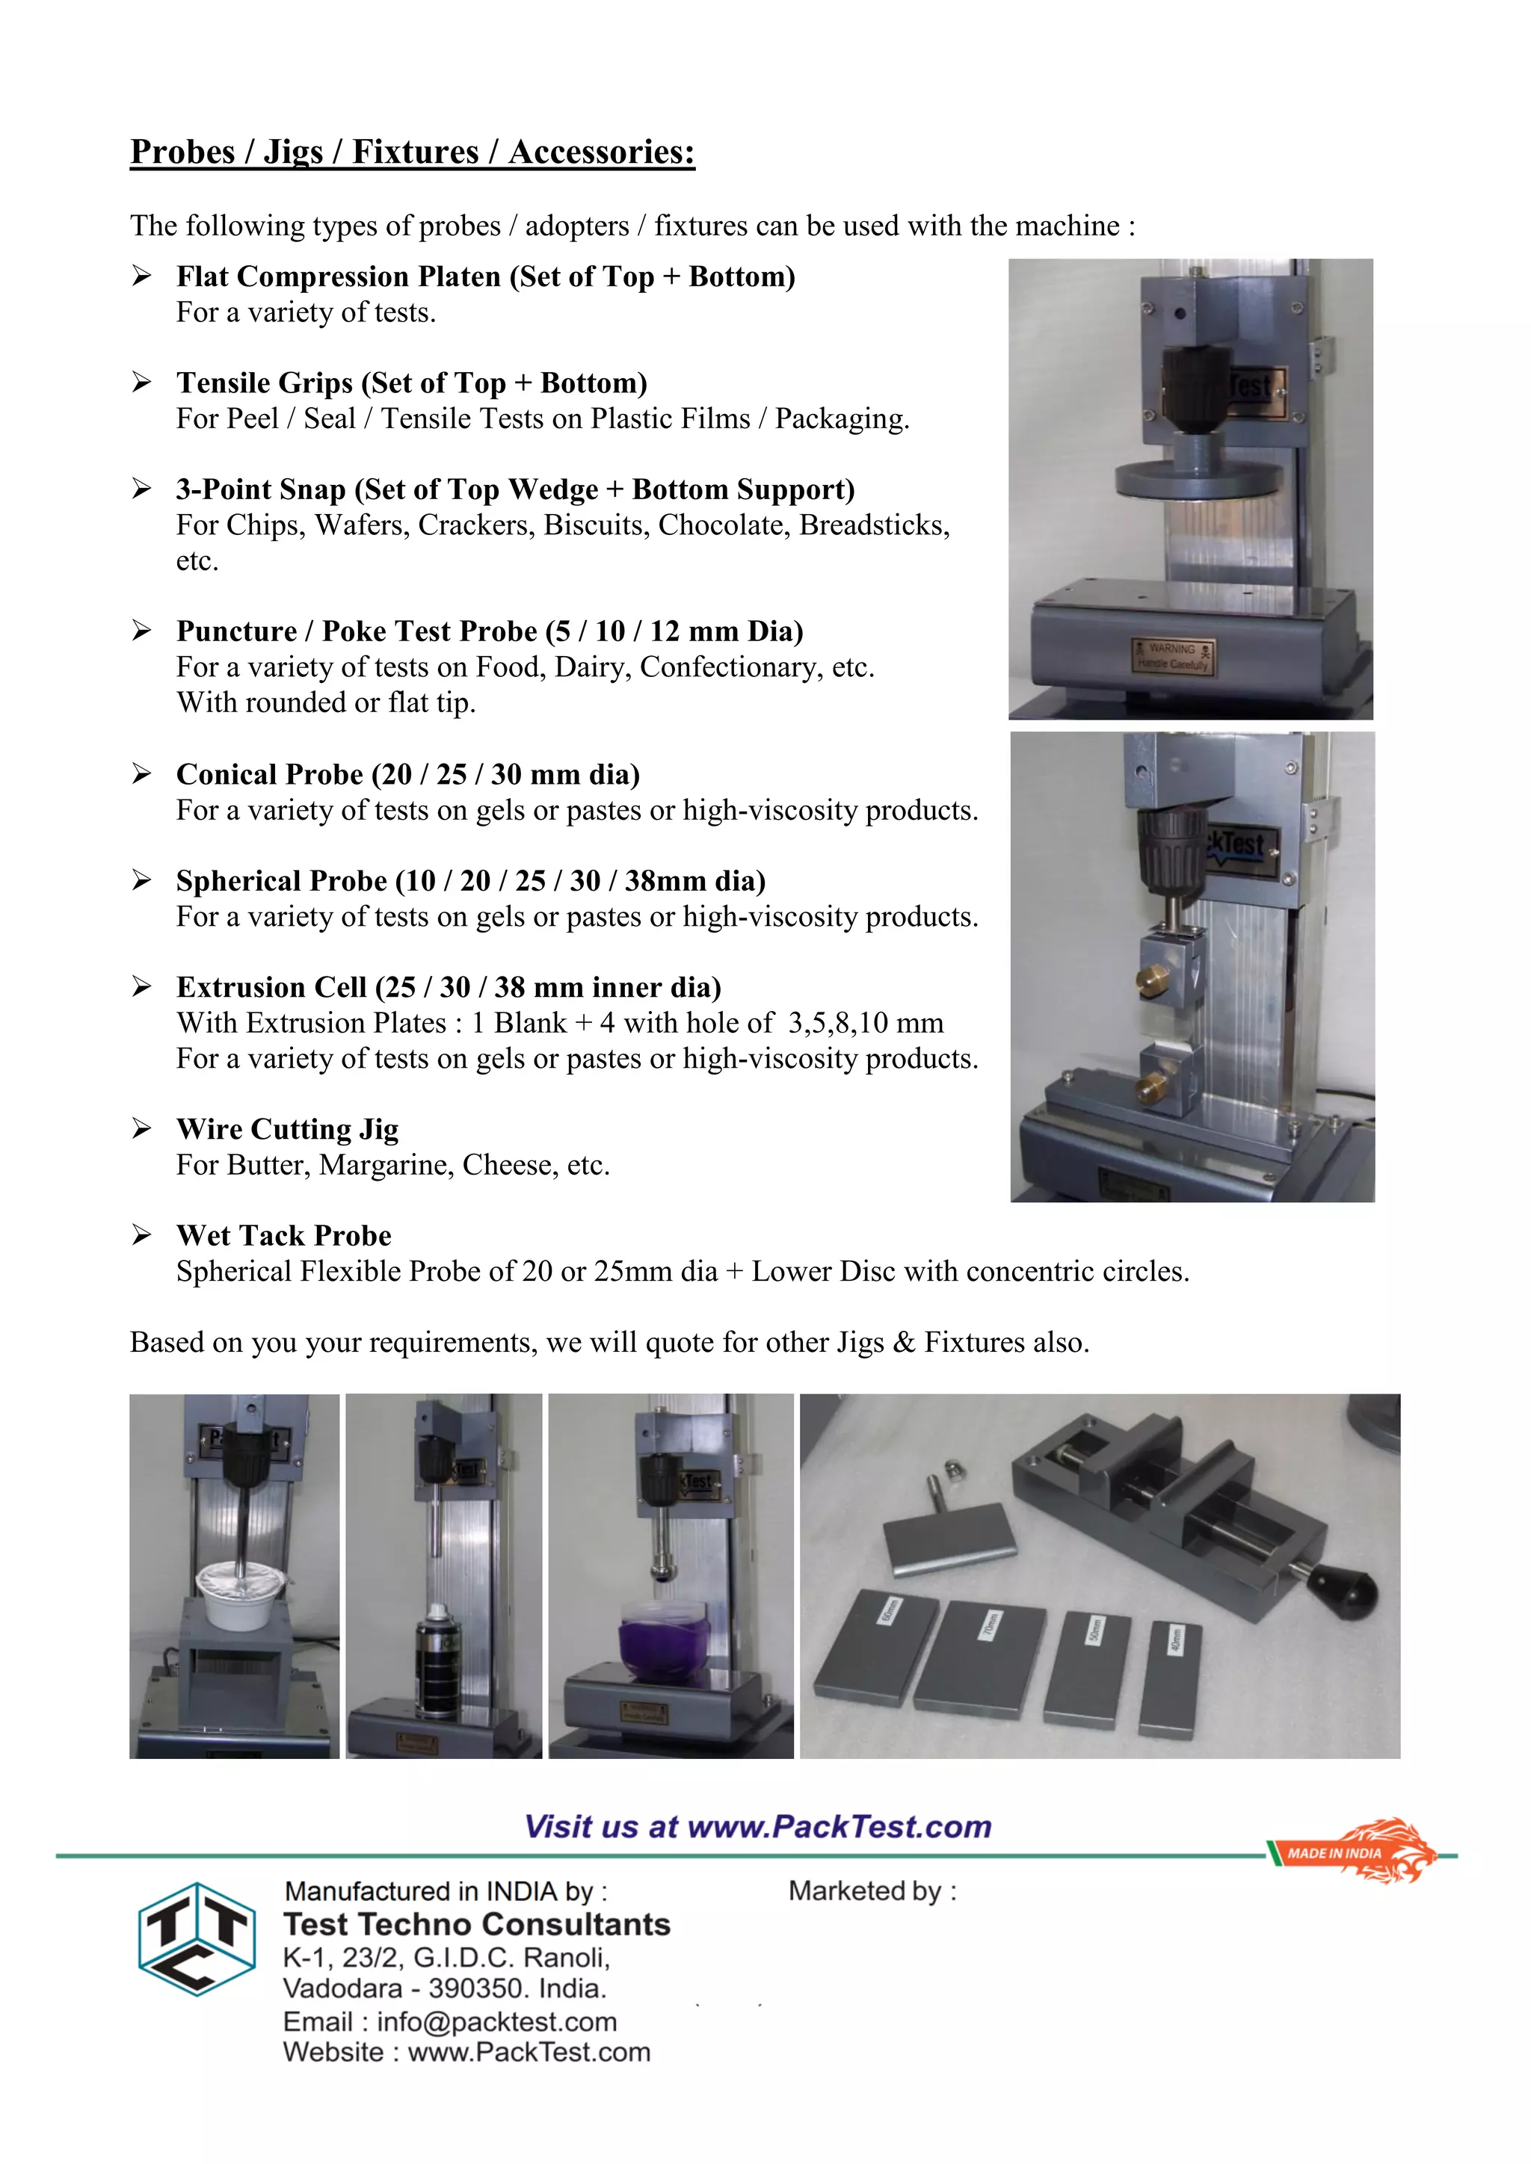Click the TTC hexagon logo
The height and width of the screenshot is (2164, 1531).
197,1939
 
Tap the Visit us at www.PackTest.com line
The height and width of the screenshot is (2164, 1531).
757,1826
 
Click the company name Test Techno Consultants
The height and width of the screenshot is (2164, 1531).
476,1923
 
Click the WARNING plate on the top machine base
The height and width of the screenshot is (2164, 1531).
1172,656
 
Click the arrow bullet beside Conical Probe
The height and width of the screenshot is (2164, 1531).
141,774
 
